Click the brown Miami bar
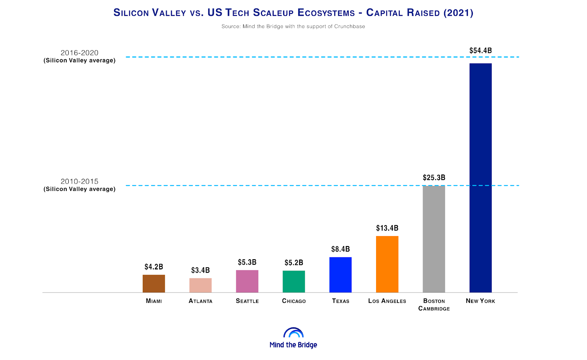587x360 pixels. tap(154, 283)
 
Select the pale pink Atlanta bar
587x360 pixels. tap(200, 285)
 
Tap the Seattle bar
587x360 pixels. tap(247, 281)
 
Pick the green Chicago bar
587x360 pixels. tap(293, 282)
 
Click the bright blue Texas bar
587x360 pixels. tap(340, 275)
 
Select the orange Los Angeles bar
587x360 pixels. tap(387, 264)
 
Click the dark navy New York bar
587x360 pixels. tap(481, 178)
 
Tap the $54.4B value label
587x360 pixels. tap(481, 51)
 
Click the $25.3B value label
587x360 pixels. tap(434, 178)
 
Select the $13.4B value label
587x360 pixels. tap(387, 228)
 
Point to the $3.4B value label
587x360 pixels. tap(200, 270)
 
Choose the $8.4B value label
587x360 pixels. tap(340, 249)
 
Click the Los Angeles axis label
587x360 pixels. tap(387, 301)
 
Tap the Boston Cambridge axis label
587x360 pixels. tap(434, 305)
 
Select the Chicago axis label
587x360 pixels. tap(294, 301)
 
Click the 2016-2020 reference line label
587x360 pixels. tap(80, 56)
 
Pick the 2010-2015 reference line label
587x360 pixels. tap(80, 185)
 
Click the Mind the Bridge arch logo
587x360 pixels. tap(293, 333)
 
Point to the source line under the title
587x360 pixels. tap(293, 26)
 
